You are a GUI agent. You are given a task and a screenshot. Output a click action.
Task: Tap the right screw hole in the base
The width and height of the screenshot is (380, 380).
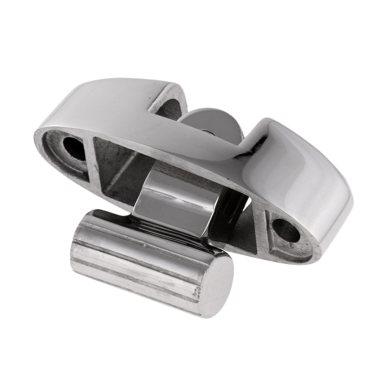285,230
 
